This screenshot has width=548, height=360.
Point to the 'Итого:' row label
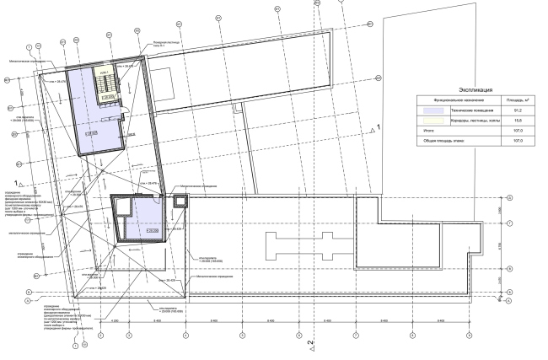429,131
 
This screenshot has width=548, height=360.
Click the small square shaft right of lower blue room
178,201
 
